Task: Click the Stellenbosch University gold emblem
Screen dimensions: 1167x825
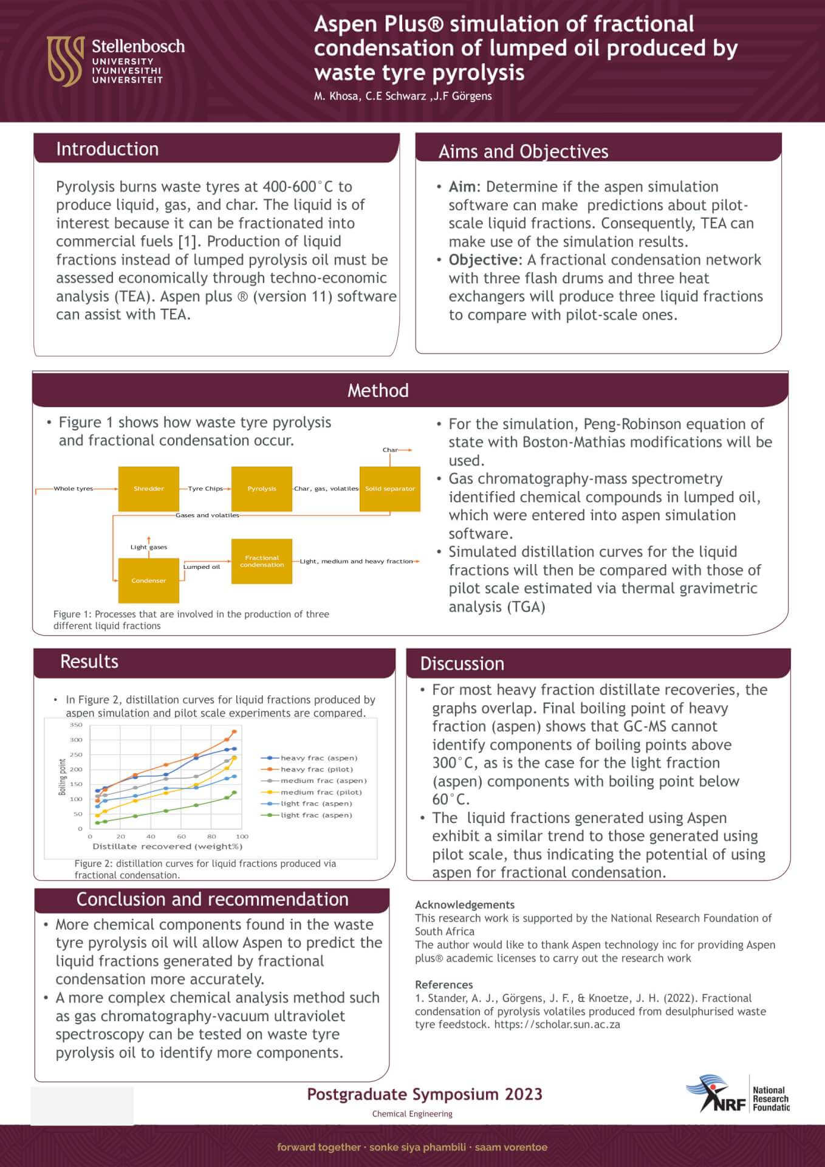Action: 65,60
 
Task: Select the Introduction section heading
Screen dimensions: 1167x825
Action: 107,149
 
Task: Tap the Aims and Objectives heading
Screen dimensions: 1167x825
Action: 523,151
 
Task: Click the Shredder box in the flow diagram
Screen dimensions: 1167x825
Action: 149,489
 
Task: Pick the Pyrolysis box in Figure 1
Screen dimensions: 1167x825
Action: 262,489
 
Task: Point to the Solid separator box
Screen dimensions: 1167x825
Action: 390,489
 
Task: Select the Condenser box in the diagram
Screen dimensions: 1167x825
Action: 149,580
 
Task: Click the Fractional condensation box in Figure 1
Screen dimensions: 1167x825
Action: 262,561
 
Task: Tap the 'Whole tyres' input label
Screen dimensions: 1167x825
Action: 74,489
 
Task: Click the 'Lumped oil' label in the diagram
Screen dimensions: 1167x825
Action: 202,567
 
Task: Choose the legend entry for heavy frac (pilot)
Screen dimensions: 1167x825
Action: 316,769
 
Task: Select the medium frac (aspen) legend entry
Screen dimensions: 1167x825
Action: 323,780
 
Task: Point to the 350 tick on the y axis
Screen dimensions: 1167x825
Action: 76,725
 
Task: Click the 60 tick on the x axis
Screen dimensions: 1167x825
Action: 181,837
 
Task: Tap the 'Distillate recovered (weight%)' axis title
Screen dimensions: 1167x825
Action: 167,846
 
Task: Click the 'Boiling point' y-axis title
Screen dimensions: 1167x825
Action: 62,777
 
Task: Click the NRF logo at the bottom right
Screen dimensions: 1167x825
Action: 736,1099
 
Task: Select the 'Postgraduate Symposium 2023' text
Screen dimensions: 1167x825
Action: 424,1094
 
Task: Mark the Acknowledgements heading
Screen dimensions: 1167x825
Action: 465,904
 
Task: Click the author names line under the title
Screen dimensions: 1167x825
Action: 403,96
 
